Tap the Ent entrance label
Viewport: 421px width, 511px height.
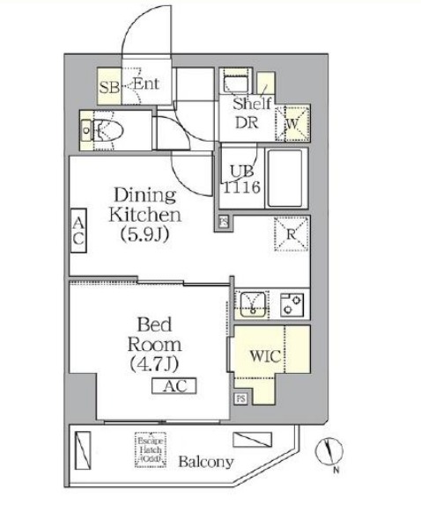tap(145, 85)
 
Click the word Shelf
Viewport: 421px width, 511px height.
tap(250, 104)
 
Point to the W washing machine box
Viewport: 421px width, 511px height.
tap(292, 122)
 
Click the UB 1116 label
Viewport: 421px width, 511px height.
tap(240, 180)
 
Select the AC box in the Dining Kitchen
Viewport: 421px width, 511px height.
tap(78, 230)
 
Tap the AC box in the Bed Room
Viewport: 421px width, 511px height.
tap(174, 386)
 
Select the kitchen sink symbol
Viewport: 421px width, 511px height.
tap(254, 303)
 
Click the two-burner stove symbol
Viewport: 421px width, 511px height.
tap(292, 304)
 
